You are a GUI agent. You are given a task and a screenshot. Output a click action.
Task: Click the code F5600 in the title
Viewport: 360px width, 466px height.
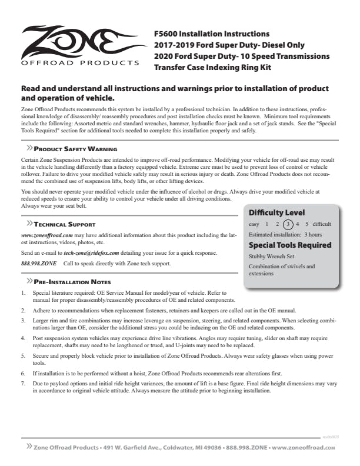click(x=166, y=34)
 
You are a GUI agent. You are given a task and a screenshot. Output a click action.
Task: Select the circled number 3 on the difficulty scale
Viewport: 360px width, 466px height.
click(x=287, y=224)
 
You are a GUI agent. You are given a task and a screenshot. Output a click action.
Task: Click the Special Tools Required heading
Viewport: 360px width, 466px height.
click(x=290, y=245)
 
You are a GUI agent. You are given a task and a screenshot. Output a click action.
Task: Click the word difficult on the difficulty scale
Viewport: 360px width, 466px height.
click(x=321, y=224)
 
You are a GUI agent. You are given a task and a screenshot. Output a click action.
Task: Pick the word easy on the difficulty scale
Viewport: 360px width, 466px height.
click(x=254, y=224)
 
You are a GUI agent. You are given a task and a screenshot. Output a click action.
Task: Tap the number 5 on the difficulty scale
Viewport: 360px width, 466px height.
click(x=307, y=224)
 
